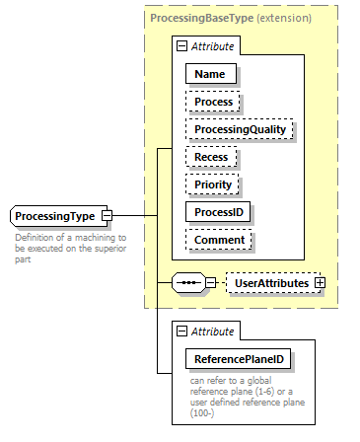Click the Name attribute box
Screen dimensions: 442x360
click(209, 74)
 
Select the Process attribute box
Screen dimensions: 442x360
click(213, 102)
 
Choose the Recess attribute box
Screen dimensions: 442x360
click(211, 157)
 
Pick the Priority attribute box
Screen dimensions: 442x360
click(212, 184)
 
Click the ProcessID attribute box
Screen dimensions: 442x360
click(219, 212)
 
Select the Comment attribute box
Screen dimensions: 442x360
click(219, 240)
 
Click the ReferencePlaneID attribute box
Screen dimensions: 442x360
click(241, 360)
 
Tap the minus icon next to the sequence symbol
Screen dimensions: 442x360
click(210, 283)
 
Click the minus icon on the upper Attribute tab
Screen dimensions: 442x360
click(180, 46)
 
